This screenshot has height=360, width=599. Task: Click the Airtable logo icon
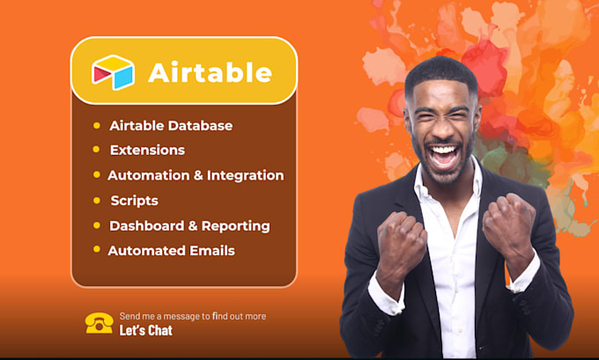[114, 71]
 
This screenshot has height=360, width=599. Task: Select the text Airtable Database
[171, 126]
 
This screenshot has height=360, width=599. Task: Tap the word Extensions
[147, 151]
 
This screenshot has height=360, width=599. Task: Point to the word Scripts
[134, 201]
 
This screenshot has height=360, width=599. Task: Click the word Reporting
[235, 226]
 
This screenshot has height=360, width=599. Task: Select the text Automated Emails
[171, 251]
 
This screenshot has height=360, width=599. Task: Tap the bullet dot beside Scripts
[97, 200]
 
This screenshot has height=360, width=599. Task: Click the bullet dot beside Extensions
[97, 150]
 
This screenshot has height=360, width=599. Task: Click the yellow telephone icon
[99, 323]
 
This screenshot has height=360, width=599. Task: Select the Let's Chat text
[146, 331]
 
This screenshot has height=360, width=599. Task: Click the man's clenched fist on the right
[509, 224]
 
